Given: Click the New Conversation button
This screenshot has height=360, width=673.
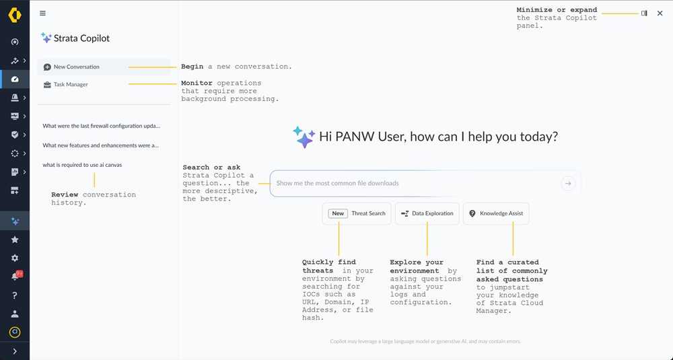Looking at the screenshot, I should pos(76,67).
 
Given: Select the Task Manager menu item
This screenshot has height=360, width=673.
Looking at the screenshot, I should pos(71,85).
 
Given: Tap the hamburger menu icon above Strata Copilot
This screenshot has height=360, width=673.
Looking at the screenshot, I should pos(43,13).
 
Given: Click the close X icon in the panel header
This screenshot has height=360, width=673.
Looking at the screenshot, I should pos(660,13).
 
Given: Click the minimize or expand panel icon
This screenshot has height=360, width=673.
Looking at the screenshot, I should pos(644,13).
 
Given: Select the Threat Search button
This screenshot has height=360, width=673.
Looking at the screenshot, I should pos(357,213).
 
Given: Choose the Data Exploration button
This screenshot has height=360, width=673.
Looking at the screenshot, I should pos(427,213).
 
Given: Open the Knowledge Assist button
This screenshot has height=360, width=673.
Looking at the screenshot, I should pos(496,213).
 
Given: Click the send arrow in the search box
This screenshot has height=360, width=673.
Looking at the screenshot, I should pos(568,183).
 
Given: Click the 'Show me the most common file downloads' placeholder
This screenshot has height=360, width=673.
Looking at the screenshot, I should pos(337,183).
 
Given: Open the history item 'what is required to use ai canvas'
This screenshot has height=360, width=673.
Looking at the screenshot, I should pos(82,164).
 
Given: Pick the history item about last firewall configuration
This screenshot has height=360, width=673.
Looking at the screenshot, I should pos(101,126).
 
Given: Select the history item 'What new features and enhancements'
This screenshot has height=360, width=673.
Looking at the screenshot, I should pos(100,145).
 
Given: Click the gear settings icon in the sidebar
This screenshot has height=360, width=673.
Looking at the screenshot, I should pos(15,258).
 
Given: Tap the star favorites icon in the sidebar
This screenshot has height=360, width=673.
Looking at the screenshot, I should pos(15,240).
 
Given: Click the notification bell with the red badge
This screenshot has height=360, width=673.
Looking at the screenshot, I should pos(15,277).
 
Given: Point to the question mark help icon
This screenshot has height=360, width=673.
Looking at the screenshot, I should pos(15,295).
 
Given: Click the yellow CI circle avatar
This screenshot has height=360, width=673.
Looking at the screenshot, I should pos(15,332).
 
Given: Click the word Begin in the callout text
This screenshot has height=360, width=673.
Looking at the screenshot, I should pos(192,67).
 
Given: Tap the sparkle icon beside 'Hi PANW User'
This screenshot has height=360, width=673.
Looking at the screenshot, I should pos(304,137).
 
